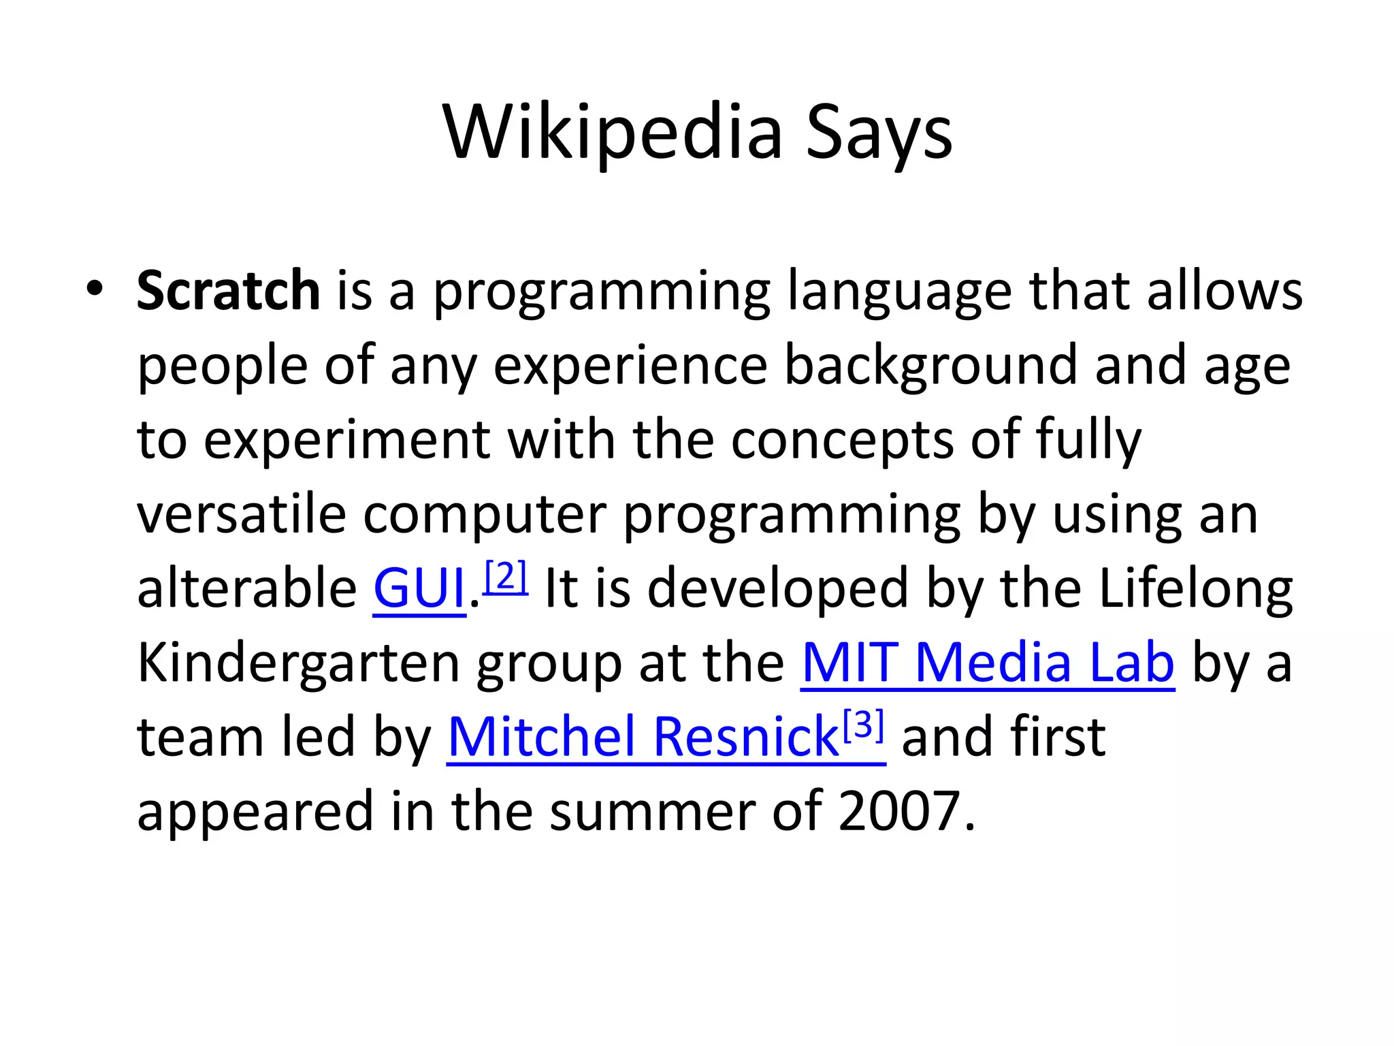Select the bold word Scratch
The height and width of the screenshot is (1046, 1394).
point(228,291)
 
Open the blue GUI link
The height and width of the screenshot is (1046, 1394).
point(419,588)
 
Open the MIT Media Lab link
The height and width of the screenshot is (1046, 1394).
point(988,663)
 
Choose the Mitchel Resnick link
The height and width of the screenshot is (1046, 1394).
point(643,737)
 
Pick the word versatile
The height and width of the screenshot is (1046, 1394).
point(242,514)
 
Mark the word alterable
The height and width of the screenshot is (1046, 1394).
point(246,588)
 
